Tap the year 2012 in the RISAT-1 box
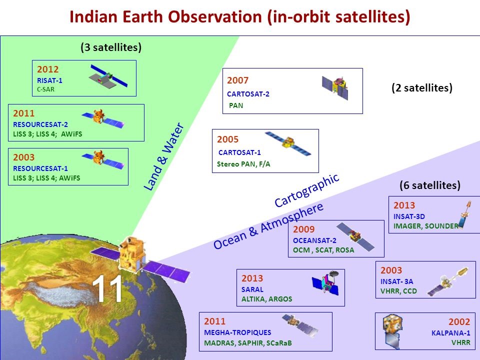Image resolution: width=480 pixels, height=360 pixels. pyautogui.click(x=48, y=69)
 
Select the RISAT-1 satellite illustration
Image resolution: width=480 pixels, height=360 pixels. pyautogui.click(x=108, y=76)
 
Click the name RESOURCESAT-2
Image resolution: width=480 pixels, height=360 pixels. pyautogui.click(x=40, y=124)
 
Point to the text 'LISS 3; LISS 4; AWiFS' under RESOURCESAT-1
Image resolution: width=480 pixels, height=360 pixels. pyautogui.click(x=46, y=178)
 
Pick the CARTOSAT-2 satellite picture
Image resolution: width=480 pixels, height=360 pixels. pyautogui.click(x=335, y=87)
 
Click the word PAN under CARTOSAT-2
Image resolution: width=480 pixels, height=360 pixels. pyautogui.click(x=236, y=105)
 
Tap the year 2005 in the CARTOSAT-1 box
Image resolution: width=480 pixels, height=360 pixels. pyautogui.click(x=228, y=139)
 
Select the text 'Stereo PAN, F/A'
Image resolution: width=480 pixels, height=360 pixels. pyautogui.click(x=243, y=164)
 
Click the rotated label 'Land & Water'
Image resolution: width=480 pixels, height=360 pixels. pyautogui.click(x=164, y=156)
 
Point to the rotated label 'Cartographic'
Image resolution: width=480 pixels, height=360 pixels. pyautogui.click(x=306, y=190)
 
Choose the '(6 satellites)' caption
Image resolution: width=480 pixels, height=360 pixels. pyautogui.click(x=430, y=185)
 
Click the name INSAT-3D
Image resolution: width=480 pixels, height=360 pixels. pyautogui.click(x=409, y=216)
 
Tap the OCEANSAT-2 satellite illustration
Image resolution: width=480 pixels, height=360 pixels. pyautogui.click(x=355, y=236)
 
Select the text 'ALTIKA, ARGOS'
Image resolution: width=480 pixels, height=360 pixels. pyautogui.click(x=266, y=299)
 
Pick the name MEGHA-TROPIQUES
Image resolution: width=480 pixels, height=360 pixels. pyautogui.click(x=237, y=332)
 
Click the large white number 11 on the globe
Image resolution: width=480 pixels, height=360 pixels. pyautogui.click(x=107, y=288)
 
